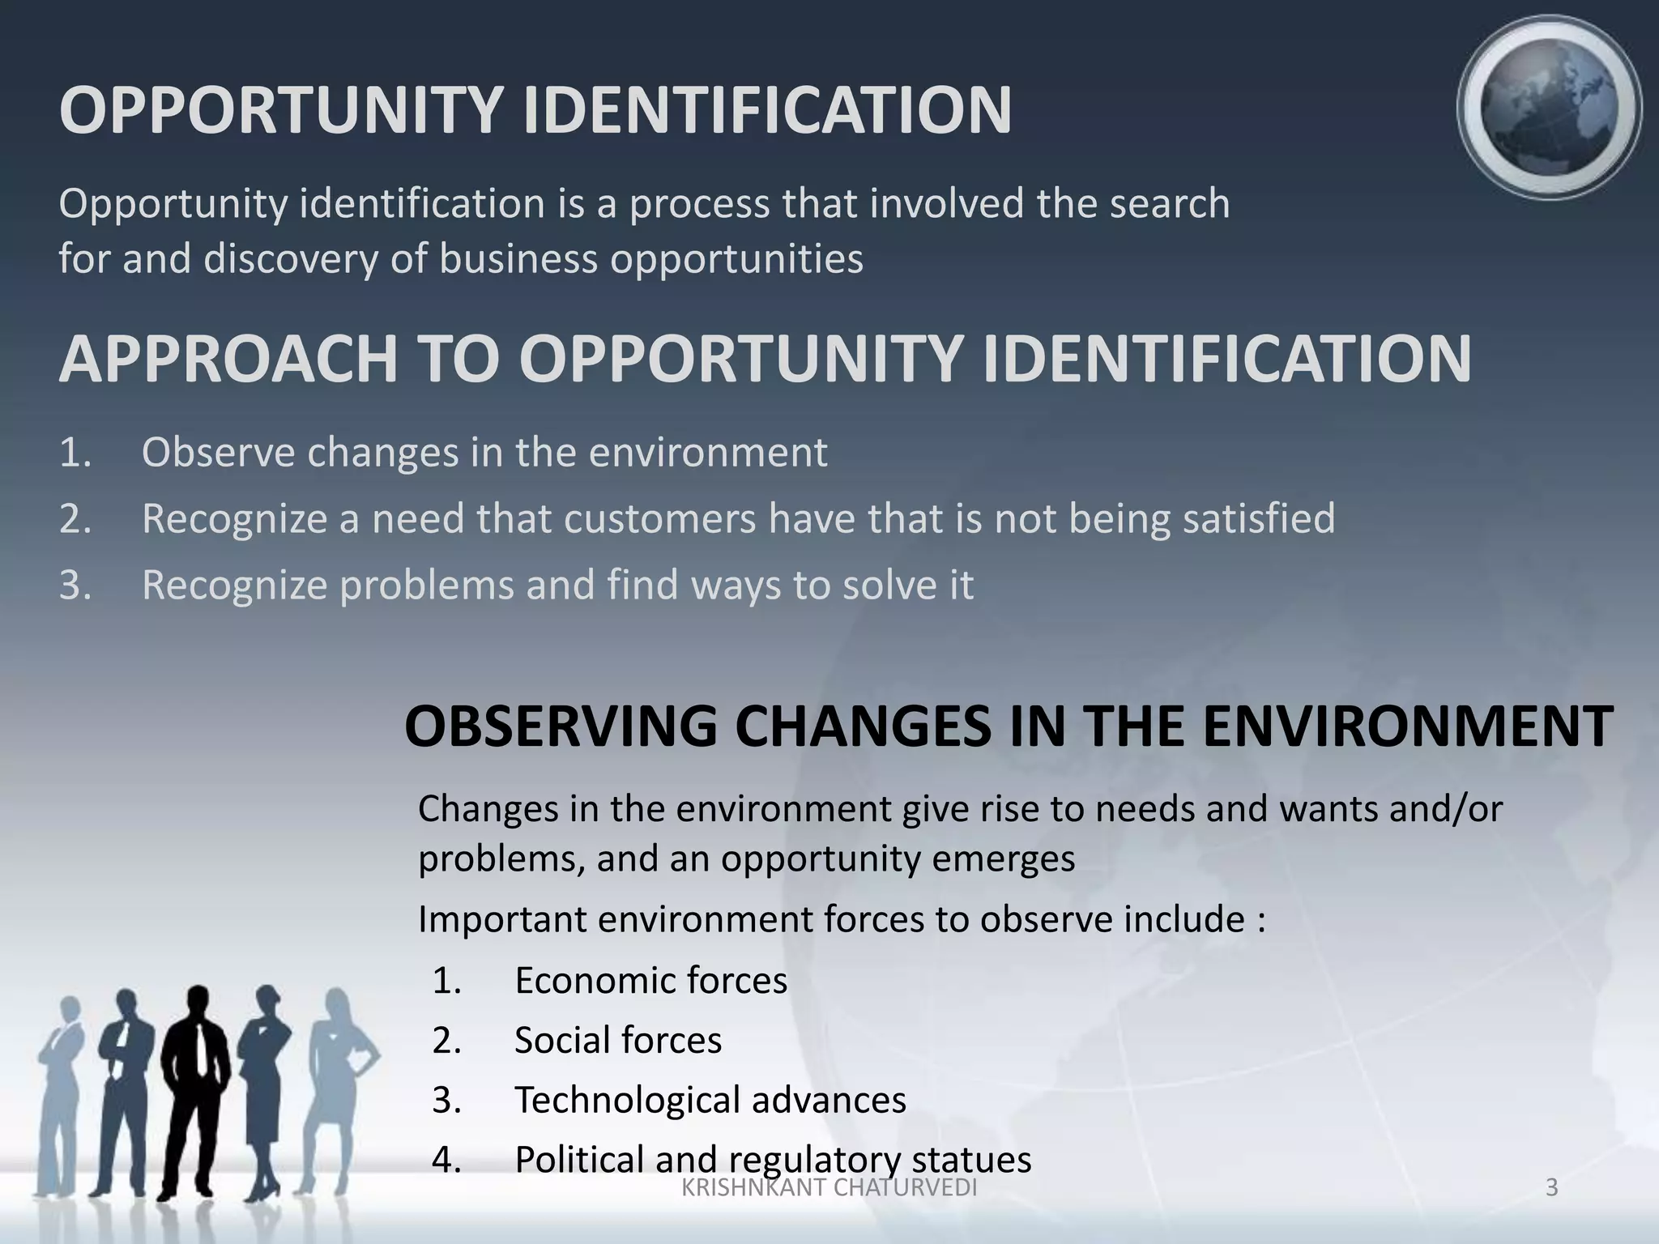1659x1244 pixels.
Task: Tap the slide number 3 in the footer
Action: [x=1551, y=1188]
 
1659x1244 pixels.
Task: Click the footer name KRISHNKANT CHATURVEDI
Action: [x=829, y=1188]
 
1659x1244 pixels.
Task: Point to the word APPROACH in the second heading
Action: [x=228, y=359]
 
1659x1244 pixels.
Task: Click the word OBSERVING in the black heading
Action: [x=560, y=726]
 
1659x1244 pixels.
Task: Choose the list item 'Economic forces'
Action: [x=650, y=981]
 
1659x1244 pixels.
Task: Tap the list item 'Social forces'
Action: [x=617, y=1041]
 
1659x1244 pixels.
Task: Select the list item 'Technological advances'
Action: [x=710, y=1101]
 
